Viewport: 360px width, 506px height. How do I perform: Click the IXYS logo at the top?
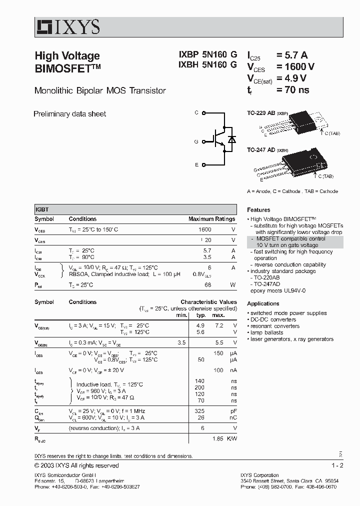[x=67, y=26]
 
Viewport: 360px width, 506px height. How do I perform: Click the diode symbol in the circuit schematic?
[x=231, y=139]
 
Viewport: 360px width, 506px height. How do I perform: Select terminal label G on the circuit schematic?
[x=196, y=141]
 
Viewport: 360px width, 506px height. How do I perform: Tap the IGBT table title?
[x=42, y=210]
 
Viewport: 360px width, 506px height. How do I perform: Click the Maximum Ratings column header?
[x=211, y=219]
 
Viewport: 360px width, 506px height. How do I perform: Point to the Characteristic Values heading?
[x=208, y=302]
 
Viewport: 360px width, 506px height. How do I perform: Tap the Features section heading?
[x=258, y=210]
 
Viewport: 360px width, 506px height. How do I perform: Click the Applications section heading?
[x=263, y=303]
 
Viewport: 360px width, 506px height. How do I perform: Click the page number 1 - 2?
[x=337, y=465]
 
